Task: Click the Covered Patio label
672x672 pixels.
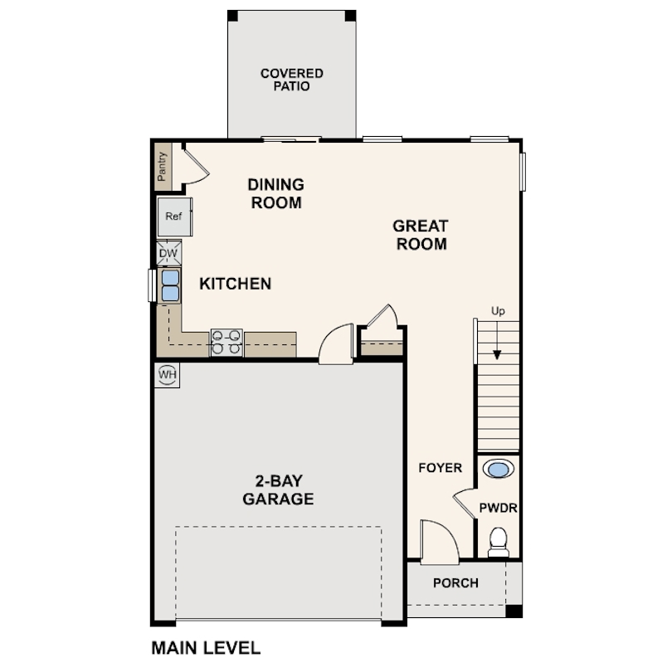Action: pyautogui.click(x=291, y=80)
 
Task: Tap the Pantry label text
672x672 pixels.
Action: pyautogui.click(x=163, y=164)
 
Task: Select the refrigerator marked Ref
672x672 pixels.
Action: pyautogui.click(x=174, y=217)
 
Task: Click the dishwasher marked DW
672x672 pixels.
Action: pyautogui.click(x=168, y=253)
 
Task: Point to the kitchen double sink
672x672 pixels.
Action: pyautogui.click(x=170, y=285)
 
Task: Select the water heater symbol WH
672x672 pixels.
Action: pyautogui.click(x=168, y=375)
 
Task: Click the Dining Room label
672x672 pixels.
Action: pyautogui.click(x=277, y=193)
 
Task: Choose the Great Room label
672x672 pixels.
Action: pyautogui.click(x=421, y=235)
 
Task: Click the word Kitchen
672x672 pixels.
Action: pyautogui.click(x=235, y=284)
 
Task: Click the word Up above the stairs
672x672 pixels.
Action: pyautogui.click(x=498, y=311)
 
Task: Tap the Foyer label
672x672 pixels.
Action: pyautogui.click(x=440, y=468)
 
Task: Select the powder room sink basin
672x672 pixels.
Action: pyautogui.click(x=498, y=470)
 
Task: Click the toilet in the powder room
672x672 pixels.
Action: pyautogui.click(x=499, y=541)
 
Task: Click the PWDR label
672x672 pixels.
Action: pyautogui.click(x=499, y=508)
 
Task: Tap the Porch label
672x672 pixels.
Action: pyautogui.click(x=455, y=583)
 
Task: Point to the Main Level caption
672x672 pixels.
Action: pyautogui.click(x=206, y=646)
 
